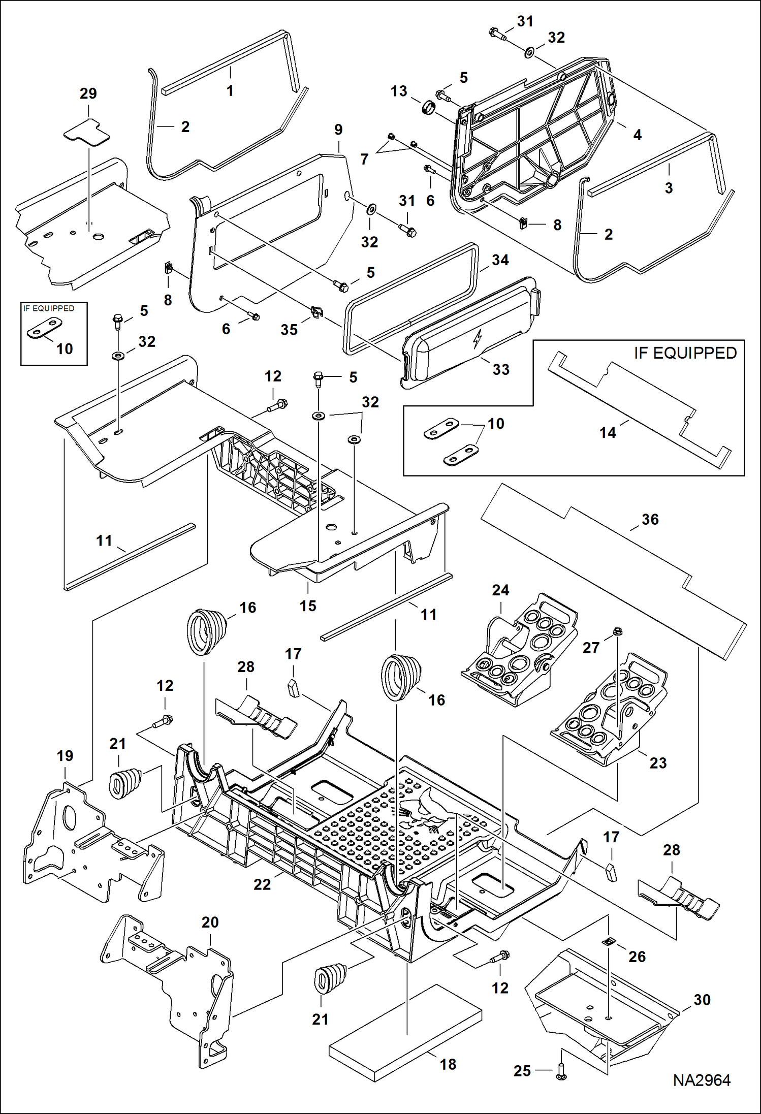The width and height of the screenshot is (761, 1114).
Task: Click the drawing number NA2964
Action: pyautogui.click(x=702, y=1080)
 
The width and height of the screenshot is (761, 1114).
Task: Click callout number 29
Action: pyautogui.click(x=88, y=93)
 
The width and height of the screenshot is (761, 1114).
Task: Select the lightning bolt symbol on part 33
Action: pyautogui.click(x=477, y=339)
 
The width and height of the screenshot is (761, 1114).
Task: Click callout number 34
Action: pyautogui.click(x=500, y=260)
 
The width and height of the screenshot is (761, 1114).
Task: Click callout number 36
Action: pyautogui.click(x=650, y=519)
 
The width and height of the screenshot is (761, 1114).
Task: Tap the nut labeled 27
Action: pyautogui.click(x=617, y=631)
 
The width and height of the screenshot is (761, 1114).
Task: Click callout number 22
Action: pyautogui.click(x=262, y=884)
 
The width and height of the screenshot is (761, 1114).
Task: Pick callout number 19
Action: pyautogui.click(x=65, y=756)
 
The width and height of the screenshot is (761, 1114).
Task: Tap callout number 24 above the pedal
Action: pyautogui.click(x=500, y=590)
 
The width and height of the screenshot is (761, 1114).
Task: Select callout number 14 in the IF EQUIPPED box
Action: pyautogui.click(x=608, y=432)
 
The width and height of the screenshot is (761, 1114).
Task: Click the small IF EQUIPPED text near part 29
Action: pyautogui.click(x=49, y=308)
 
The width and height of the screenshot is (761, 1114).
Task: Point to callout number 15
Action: pyautogui.click(x=308, y=606)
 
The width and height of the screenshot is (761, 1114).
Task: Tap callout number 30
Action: pyautogui.click(x=702, y=1000)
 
